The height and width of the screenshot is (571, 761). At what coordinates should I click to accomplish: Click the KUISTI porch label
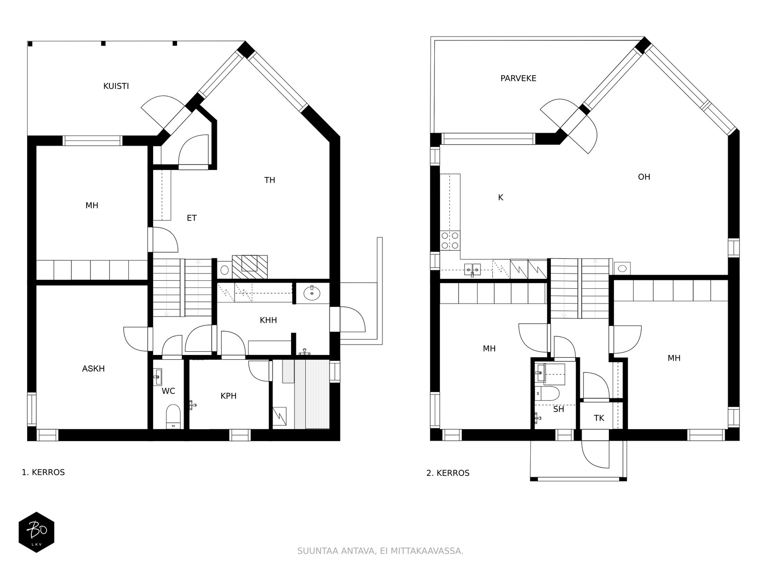pyautogui.click(x=116, y=86)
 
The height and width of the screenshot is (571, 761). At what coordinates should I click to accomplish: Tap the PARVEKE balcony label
pyautogui.click(x=518, y=79)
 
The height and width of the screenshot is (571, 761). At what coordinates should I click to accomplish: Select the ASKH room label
pyautogui.click(x=93, y=368)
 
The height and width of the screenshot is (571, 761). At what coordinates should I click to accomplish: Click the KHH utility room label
pyautogui.click(x=268, y=320)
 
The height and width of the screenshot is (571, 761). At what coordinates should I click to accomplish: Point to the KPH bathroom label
pyautogui.click(x=228, y=396)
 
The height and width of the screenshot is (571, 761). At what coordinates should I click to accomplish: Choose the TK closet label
pyautogui.click(x=599, y=418)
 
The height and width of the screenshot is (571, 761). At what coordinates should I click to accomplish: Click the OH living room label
pyautogui.click(x=644, y=177)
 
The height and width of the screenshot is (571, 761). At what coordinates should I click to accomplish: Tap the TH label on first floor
pyautogui.click(x=269, y=180)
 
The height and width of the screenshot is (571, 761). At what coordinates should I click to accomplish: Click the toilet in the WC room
pyautogui.click(x=173, y=416)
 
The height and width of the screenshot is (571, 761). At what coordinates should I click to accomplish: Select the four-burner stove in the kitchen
pyautogui.click(x=450, y=241)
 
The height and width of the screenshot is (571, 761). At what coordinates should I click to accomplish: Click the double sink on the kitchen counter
pyautogui.click(x=473, y=269)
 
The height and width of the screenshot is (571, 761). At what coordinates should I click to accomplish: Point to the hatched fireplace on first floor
pyautogui.click(x=250, y=266)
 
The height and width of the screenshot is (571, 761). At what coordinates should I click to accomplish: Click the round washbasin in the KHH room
pyautogui.click(x=312, y=294)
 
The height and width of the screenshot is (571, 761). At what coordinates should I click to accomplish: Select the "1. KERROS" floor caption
pyautogui.click(x=43, y=472)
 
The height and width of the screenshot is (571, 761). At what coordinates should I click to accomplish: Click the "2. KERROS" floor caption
pyautogui.click(x=448, y=473)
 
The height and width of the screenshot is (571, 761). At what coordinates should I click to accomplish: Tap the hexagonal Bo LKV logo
pyautogui.click(x=37, y=532)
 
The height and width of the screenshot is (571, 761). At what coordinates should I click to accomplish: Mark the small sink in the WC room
pyautogui.click(x=158, y=376)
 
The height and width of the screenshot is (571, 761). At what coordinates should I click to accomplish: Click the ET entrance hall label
pyautogui.click(x=192, y=218)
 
